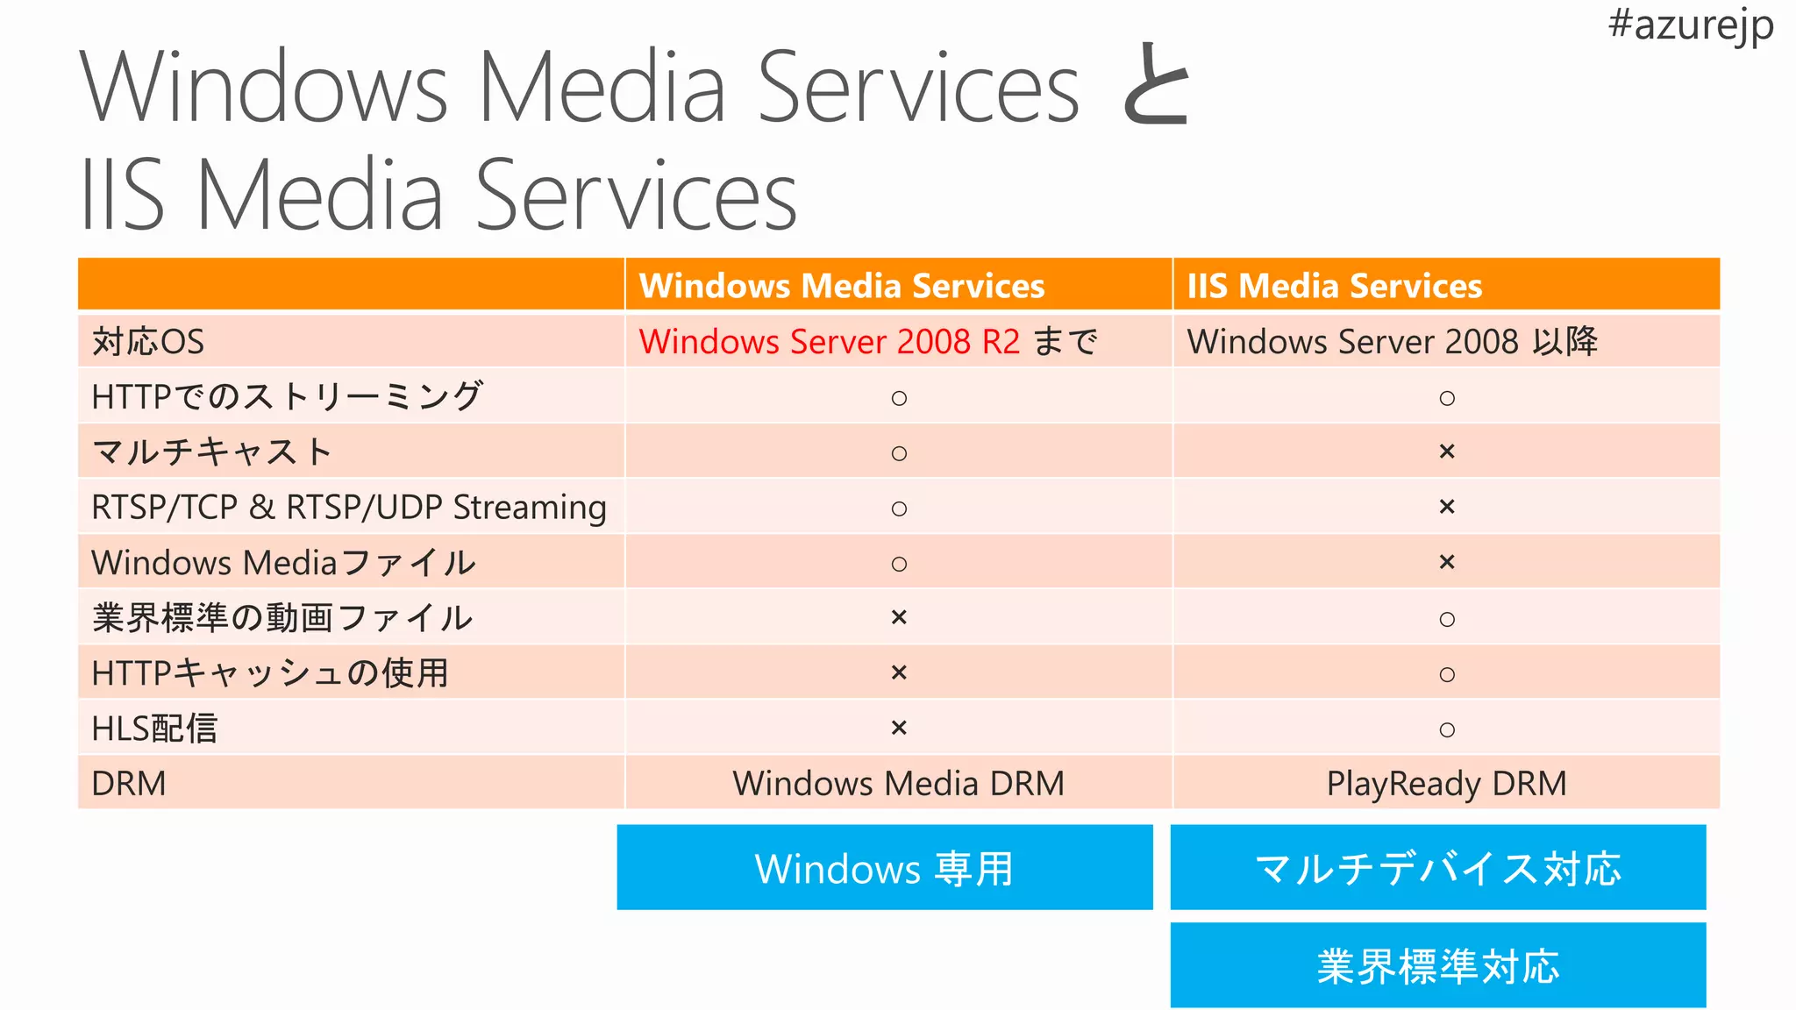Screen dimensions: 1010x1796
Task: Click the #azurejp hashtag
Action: click(1690, 25)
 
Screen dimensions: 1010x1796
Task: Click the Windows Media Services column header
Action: click(842, 286)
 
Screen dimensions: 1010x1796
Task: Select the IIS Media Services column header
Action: click(1334, 286)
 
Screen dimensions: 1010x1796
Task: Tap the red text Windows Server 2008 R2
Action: click(830, 341)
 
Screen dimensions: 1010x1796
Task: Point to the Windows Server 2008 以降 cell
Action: click(1392, 341)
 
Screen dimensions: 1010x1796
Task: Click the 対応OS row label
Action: click(148, 341)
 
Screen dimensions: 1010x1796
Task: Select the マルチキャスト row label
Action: click(211, 452)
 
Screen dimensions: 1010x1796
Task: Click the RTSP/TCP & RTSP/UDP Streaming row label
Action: click(349, 507)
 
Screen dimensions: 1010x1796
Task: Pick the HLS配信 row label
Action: click(154, 728)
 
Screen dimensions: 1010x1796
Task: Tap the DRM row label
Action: click(129, 783)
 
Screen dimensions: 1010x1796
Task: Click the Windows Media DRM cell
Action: click(898, 783)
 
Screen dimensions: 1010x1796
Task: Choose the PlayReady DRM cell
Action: click(1446, 783)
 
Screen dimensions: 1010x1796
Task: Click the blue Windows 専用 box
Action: click(884, 867)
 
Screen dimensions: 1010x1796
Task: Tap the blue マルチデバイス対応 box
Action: click(1438, 867)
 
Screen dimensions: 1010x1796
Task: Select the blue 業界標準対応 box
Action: click(1438, 965)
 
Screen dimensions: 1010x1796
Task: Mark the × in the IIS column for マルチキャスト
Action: click(1447, 452)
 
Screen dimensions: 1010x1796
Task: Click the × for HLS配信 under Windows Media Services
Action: click(899, 728)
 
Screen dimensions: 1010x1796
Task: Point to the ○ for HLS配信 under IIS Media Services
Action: click(1447, 729)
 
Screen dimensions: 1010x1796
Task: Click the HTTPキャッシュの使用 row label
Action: click(270, 672)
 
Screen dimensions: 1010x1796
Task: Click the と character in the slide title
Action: click(1156, 86)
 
